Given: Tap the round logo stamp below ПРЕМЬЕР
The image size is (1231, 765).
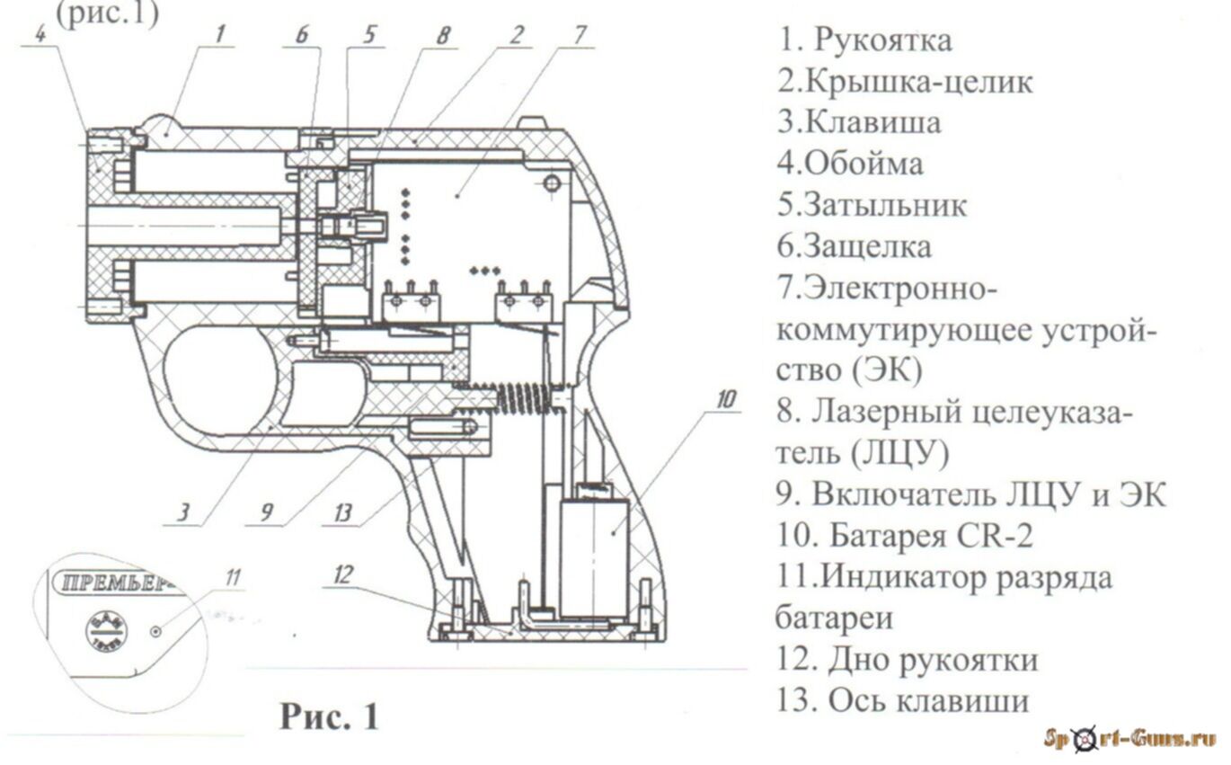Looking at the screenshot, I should pos(105,631).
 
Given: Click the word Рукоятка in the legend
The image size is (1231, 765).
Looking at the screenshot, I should pos(884,40).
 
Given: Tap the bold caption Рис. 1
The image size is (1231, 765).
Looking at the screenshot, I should pos(330,716).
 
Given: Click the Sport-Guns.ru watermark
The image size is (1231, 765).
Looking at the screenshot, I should pos(1129,739).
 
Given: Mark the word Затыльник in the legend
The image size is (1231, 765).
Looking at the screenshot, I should pos(885,205).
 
